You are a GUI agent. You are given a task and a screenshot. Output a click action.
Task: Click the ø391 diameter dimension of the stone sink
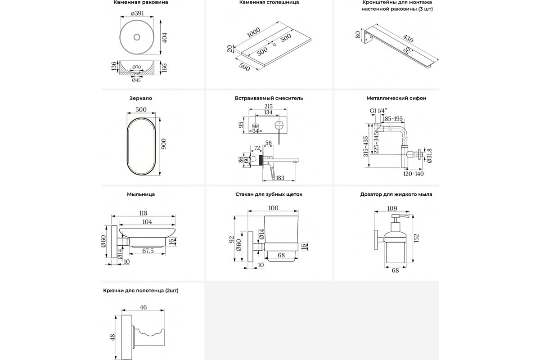click(137, 13)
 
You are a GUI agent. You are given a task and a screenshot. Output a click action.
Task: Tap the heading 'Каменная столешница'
click(269, 3)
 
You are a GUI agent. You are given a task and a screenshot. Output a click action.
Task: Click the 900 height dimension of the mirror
click(164, 142)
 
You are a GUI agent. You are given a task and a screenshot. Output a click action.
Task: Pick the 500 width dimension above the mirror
click(141, 110)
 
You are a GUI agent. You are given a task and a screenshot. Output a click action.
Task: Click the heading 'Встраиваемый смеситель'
click(269, 98)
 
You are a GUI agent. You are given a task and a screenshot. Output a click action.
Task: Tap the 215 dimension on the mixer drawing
click(268, 107)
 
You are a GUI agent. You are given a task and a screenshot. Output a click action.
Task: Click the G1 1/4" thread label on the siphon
click(378, 110)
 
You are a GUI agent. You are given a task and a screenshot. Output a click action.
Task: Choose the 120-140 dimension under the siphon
click(414, 173)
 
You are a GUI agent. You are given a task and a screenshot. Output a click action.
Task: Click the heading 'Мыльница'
click(141, 194)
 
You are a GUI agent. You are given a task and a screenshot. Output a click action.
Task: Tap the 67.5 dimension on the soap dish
click(148, 251)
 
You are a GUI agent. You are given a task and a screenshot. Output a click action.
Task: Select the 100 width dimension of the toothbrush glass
click(273, 208)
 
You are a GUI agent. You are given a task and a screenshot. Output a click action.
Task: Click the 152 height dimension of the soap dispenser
click(417, 237)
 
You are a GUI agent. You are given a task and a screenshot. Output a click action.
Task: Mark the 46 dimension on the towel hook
click(143, 307)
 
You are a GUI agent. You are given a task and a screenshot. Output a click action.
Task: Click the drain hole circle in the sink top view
click(138, 36)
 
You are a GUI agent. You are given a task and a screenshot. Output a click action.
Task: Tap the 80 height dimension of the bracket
click(358, 35)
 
